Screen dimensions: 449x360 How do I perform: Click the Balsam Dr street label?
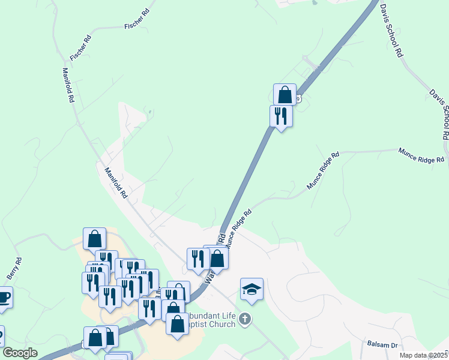[382, 346]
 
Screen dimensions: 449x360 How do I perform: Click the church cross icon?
[244, 319]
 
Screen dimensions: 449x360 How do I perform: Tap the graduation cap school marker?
[252, 289]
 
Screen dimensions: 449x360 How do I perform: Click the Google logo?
[20, 353]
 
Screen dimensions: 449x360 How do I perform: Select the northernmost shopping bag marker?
[285, 95]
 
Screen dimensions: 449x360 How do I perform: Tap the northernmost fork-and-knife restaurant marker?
[280, 115]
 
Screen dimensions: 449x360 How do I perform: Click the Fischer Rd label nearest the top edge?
[137, 20]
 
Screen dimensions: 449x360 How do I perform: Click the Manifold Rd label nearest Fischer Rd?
[68, 85]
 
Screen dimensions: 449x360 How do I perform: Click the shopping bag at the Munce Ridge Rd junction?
[217, 259]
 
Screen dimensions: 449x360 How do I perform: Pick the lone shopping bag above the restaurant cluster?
[95, 239]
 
